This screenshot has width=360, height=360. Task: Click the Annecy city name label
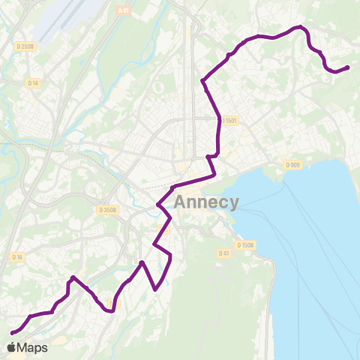(x=206, y=202)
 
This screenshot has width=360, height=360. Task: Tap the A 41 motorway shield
(x=123, y=10)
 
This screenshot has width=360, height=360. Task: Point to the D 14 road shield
(x=33, y=82)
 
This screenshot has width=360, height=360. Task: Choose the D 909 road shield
(x=292, y=165)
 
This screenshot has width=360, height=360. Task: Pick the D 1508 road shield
(x=244, y=245)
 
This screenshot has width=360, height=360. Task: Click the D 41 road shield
(x=223, y=253)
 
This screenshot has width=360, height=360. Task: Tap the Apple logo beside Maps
(x=11, y=347)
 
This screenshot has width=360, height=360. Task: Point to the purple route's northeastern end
(x=348, y=67)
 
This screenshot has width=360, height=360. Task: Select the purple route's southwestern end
(x=12, y=332)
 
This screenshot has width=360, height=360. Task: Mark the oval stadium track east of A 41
(x=158, y=87)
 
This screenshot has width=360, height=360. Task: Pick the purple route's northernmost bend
(x=301, y=27)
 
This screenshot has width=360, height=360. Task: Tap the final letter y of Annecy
(x=234, y=204)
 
